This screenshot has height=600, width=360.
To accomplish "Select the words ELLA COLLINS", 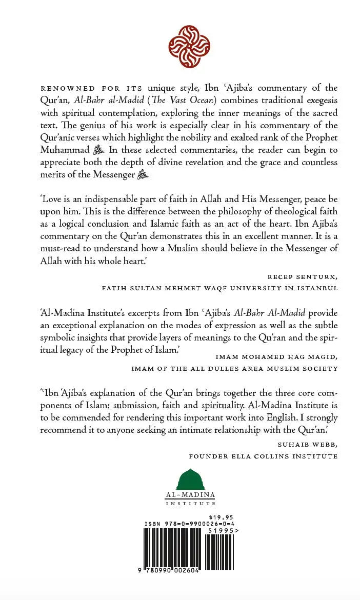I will (259, 456).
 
